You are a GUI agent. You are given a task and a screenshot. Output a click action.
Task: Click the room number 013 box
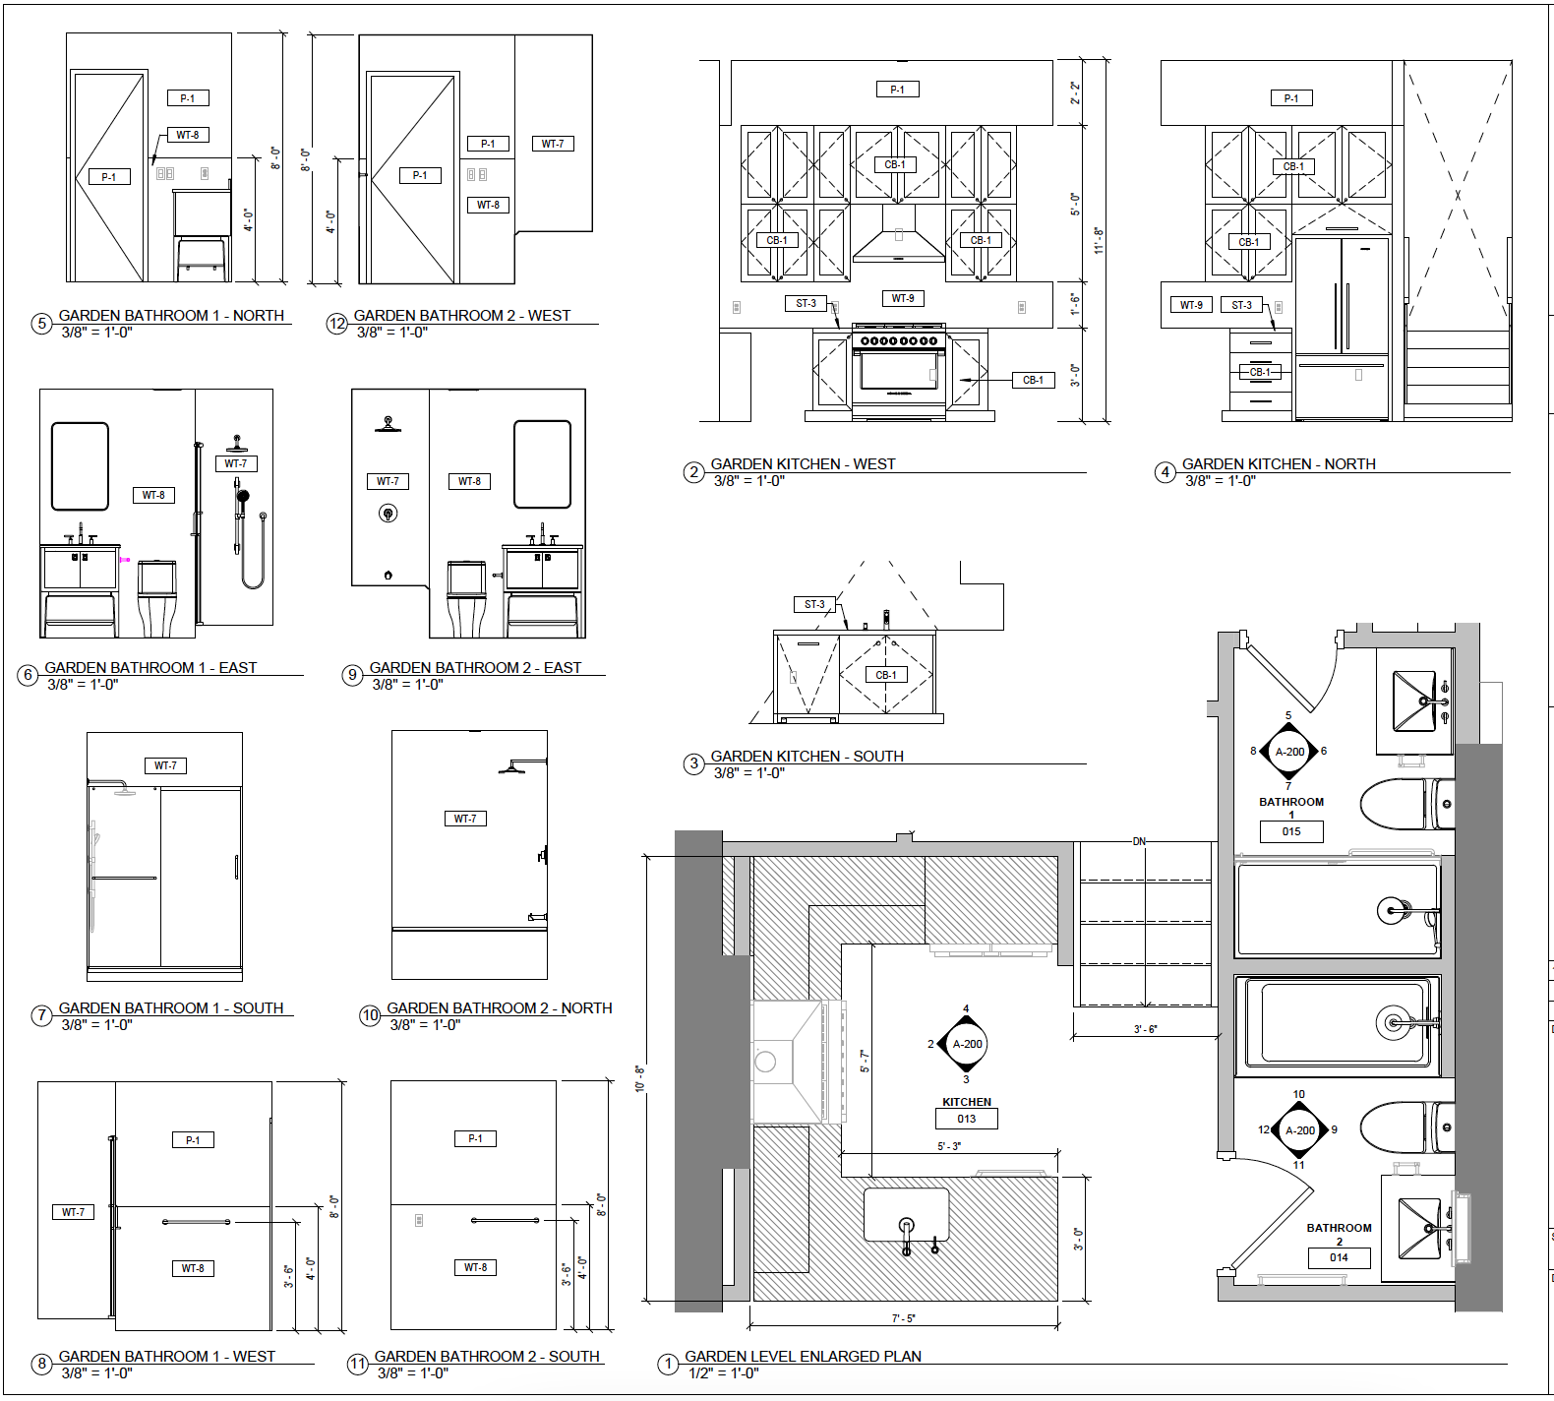(967, 1119)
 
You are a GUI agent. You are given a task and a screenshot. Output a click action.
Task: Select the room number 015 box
(1291, 831)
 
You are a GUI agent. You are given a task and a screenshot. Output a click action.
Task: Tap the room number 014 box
(1339, 1257)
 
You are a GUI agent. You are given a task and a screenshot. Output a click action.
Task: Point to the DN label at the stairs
(1139, 842)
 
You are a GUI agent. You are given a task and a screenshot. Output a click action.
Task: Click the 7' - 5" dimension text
(904, 1318)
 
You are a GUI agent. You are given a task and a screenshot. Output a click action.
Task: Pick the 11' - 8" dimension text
(1099, 241)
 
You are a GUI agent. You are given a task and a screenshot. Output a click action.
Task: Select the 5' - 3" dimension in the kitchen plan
(949, 1146)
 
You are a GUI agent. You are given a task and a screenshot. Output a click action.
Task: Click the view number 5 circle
(41, 324)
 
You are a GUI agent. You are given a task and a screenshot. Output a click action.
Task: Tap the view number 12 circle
(337, 324)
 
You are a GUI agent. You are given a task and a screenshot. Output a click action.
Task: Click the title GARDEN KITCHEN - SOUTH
(807, 756)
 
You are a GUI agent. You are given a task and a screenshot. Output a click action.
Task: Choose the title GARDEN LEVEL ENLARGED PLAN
(804, 1356)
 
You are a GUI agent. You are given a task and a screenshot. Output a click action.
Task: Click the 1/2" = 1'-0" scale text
(724, 1372)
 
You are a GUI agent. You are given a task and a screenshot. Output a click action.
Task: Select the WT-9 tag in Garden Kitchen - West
(903, 298)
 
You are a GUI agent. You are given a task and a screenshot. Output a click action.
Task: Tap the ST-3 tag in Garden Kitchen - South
(815, 604)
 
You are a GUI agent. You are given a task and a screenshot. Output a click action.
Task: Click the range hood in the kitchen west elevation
(899, 233)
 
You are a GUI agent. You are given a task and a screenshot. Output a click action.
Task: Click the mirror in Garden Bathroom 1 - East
(80, 466)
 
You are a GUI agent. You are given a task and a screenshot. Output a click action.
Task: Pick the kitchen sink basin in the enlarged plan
(907, 1215)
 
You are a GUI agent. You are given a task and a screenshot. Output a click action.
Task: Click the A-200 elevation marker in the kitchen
(967, 1044)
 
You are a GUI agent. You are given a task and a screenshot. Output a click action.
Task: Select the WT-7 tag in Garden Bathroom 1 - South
(165, 765)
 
